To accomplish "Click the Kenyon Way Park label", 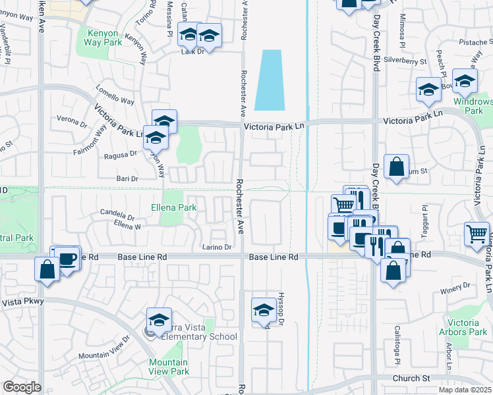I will coord(103,36).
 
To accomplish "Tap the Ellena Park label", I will coord(178,207).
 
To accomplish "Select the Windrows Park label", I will coord(474,106).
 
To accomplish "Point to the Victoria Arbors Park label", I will coord(467,327).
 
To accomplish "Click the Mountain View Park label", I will coord(168,367).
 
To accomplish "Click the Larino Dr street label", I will coord(217,248).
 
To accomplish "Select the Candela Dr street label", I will coord(117,213).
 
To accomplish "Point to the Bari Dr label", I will coord(125,178).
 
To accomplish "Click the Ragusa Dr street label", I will coord(120,155).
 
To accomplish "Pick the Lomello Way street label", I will coord(115,102).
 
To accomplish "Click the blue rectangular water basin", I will coord(270,80).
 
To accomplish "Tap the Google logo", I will coord(22,387).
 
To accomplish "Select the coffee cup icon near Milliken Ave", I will coord(68,258).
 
